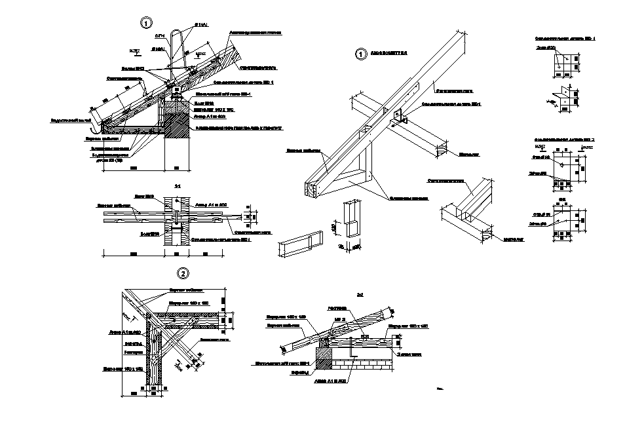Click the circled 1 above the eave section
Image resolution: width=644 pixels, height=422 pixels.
tap(146, 23)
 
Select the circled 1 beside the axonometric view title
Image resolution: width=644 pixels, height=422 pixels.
tap(360, 55)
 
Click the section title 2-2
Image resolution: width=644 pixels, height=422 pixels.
tap(360, 294)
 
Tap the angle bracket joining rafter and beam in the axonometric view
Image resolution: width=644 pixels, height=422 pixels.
tap(401, 117)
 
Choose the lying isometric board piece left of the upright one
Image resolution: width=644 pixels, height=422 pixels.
tap(303, 244)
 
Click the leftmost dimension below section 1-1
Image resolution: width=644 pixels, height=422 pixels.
tap(133, 253)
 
